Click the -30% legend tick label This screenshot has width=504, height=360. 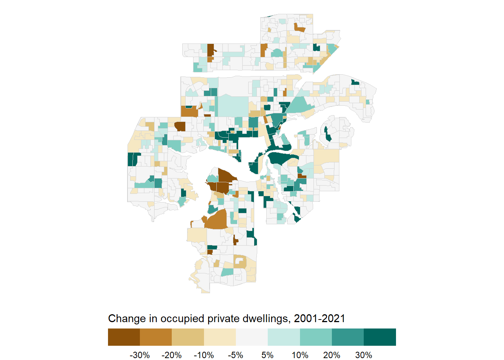tap(139, 355)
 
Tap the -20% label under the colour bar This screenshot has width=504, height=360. tap(171, 355)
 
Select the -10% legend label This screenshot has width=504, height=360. tap(204, 355)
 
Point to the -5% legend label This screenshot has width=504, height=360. tap(235, 355)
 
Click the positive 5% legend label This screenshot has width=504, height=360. tap(267, 355)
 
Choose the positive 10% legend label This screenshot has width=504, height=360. tap(300, 355)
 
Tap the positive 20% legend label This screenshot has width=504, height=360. tap(332, 355)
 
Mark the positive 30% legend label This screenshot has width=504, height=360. tap(364, 355)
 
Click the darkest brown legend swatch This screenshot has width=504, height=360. tap(124, 337)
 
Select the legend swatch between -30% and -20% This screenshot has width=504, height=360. tap(156, 337)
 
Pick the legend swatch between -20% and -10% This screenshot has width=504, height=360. tap(187, 337)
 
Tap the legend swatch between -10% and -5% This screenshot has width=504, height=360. tap(220, 337)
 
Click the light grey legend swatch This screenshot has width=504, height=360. tap(252, 337)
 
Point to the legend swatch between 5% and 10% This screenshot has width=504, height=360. tap(283, 337)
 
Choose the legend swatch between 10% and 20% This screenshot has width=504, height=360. tap(316, 337)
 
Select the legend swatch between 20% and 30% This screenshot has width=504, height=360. tap(348, 337)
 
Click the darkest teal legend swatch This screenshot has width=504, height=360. tap(380, 337)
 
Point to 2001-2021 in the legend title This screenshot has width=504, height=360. tap(319, 319)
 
